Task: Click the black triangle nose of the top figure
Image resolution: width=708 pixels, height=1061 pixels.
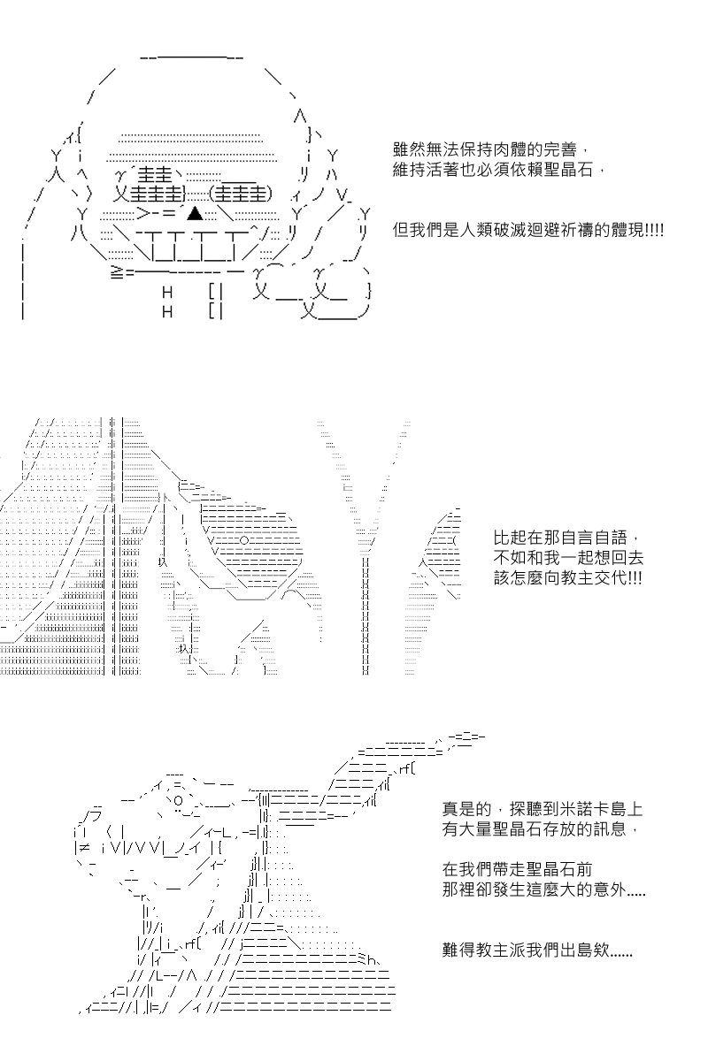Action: [195, 214]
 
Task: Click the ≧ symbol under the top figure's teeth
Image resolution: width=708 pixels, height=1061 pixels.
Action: [116, 273]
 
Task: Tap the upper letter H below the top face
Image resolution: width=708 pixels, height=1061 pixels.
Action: [167, 293]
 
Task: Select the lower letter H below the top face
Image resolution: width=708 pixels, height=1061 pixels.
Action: [167, 311]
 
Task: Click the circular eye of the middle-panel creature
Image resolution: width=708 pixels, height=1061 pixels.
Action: [243, 540]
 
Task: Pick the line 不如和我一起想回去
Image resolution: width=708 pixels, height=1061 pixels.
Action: [568, 558]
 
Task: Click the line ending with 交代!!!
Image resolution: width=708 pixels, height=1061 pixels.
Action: [567, 578]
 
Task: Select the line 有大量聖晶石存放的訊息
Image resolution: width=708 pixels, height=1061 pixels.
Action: [535, 829]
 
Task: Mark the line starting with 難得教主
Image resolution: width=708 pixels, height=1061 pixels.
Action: [537, 950]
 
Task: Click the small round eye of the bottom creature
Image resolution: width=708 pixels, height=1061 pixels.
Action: [178, 800]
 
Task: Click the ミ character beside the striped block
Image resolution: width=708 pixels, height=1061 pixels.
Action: [361, 959]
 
